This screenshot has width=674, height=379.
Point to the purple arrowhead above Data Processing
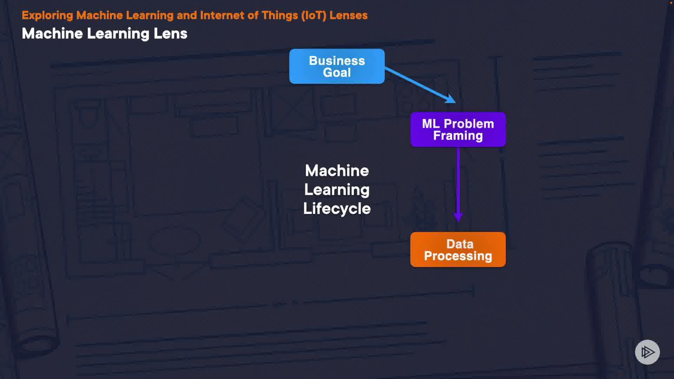pyautogui.click(x=458, y=217)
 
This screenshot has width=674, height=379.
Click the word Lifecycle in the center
pyautogui.click(x=337, y=208)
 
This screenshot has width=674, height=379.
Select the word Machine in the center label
pyautogui.click(x=337, y=171)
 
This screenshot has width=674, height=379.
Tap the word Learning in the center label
pyautogui.click(x=337, y=190)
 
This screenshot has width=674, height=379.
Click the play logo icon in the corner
pyautogui.click(x=647, y=352)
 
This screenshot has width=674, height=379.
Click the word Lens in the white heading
pyautogui.click(x=170, y=34)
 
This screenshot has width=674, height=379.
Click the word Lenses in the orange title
pyautogui.click(x=349, y=15)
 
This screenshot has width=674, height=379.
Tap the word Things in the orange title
pyautogui.click(x=280, y=15)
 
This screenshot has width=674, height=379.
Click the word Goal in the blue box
pyautogui.click(x=337, y=73)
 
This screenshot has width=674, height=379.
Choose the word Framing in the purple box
pyautogui.click(x=458, y=136)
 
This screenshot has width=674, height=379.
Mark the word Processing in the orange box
pyautogui.click(x=458, y=256)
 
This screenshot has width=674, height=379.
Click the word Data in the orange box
pyautogui.click(x=460, y=244)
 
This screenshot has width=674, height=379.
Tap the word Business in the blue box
pyautogui.click(x=337, y=61)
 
